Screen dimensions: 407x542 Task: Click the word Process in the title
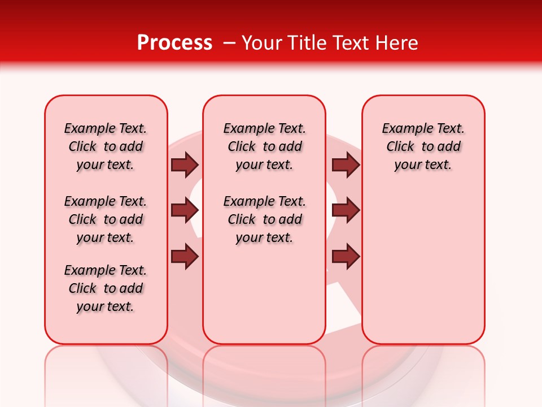point(174,43)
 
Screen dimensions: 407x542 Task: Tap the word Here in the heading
point(397,43)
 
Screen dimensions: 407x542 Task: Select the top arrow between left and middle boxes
point(185,165)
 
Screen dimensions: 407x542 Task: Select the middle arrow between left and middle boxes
point(185,211)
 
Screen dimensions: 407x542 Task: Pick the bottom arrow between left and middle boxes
point(185,257)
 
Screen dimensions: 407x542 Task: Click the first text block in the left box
point(106,146)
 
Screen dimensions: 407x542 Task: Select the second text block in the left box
point(106,219)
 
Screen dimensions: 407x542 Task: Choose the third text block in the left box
point(106,288)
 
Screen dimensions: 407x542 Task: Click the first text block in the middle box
point(264,146)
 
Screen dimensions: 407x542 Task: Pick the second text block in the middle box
point(264,219)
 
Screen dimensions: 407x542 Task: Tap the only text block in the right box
point(423,146)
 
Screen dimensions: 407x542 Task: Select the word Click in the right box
point(400,147)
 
